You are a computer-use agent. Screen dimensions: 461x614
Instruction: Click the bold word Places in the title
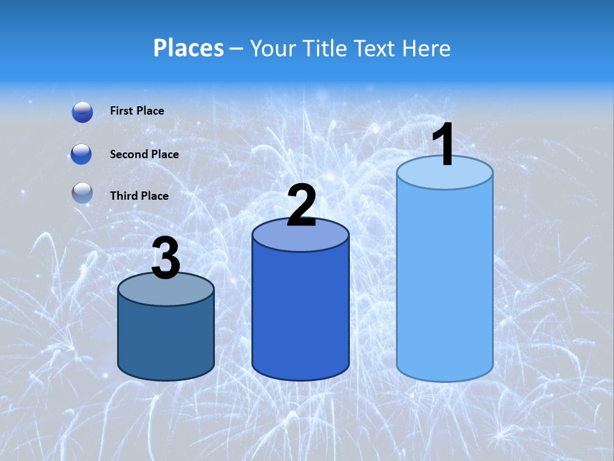point(189,48)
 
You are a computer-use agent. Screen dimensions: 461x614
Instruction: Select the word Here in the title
point(427,48)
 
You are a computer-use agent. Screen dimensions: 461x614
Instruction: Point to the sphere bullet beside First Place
point(83,112)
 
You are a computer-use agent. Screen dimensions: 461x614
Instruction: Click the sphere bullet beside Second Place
point(83,154)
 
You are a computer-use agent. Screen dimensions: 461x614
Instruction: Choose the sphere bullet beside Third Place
point(83,193)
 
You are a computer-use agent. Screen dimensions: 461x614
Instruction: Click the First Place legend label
point(137,111)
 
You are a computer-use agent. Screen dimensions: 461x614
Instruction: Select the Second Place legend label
point(144,154)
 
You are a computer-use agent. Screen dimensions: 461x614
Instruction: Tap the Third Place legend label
point(139,196)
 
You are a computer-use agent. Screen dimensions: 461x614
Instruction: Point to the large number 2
point(301,206)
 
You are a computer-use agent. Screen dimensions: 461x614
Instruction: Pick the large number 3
point(166,259)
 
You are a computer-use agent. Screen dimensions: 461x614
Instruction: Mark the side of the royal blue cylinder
point(301,314)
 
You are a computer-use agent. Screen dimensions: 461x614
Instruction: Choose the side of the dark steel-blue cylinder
point(166,339)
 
